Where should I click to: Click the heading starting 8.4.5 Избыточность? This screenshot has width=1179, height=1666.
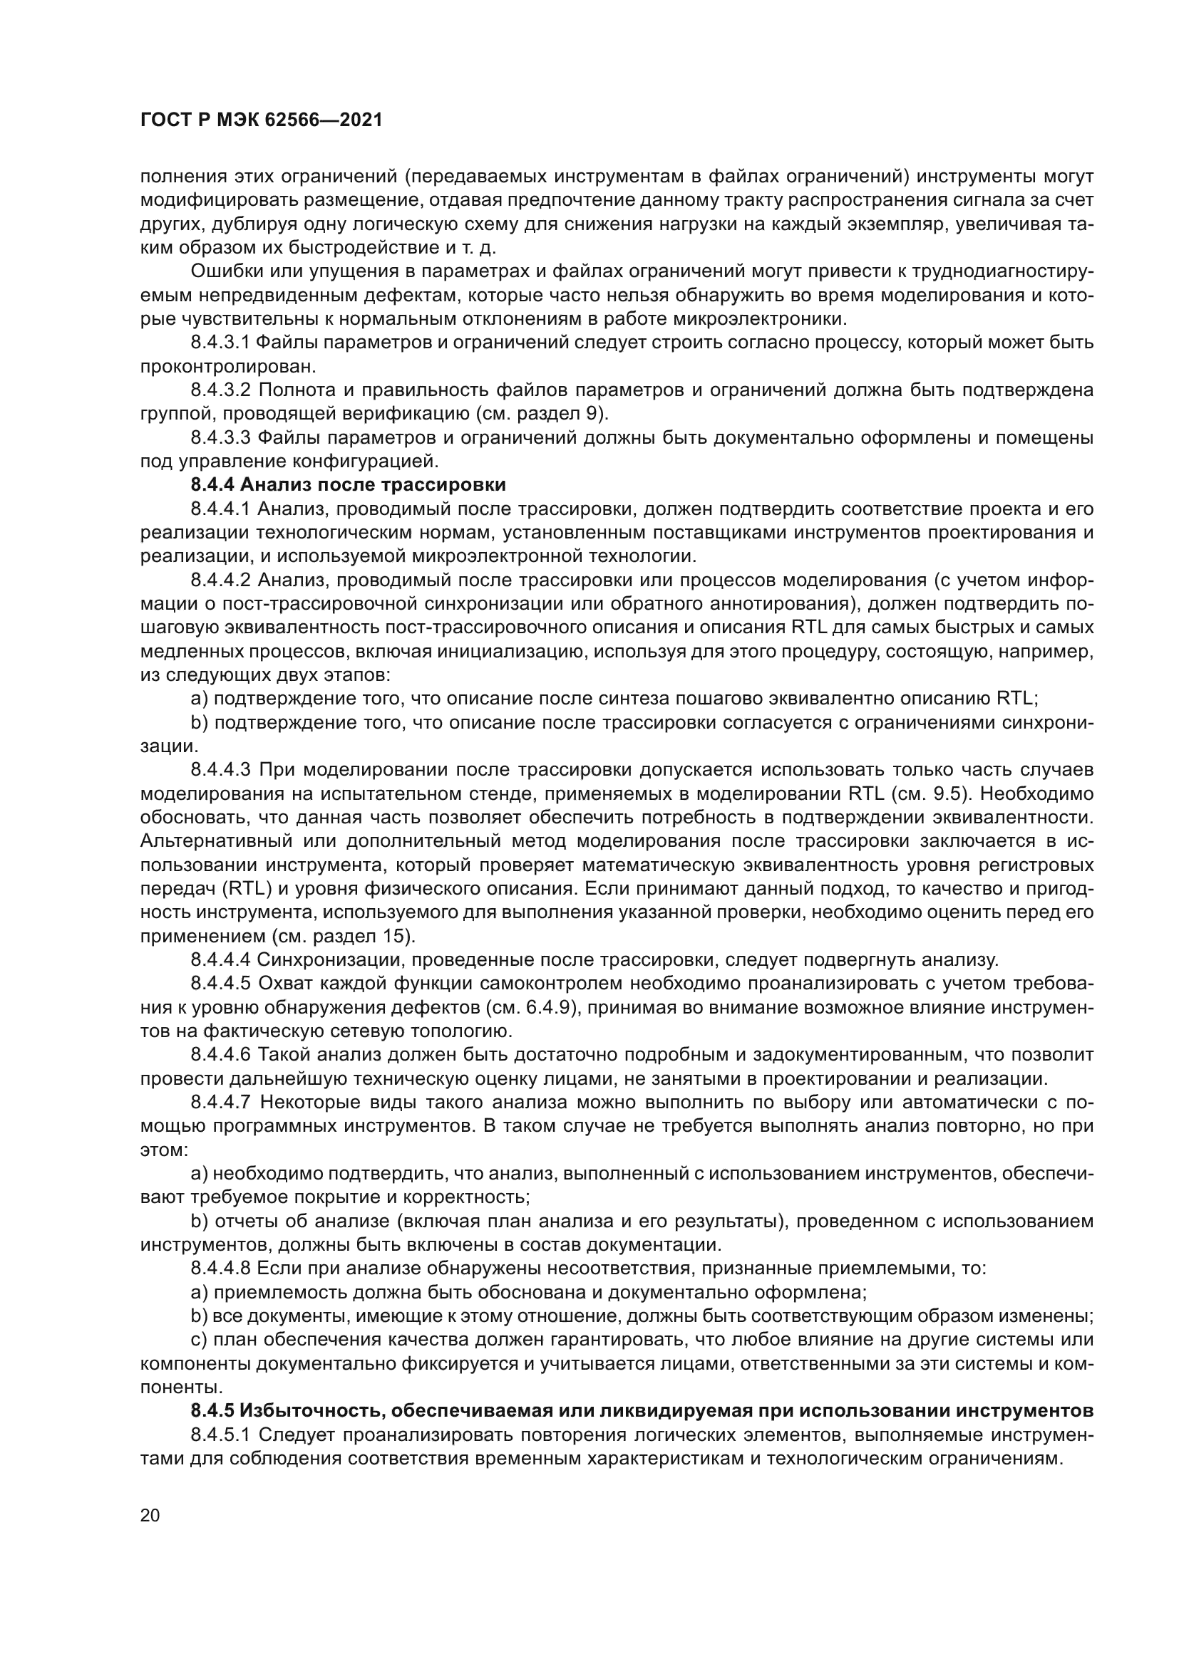[x=642, y=1410]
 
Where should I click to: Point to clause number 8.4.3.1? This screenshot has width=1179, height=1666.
[x=220, y=343]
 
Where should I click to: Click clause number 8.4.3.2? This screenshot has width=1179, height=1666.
[x=220, y=390]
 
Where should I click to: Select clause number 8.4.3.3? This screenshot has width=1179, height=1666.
[x=220, y=437]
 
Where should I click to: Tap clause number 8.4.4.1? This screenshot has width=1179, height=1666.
[x=220, y=509]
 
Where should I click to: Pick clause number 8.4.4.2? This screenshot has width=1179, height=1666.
[x=220, y=581]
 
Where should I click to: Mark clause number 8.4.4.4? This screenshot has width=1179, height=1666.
[x=220, y=960]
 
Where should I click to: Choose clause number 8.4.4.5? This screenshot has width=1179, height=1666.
[x=220, y=984]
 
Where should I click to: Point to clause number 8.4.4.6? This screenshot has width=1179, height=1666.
[x=220, y=1054]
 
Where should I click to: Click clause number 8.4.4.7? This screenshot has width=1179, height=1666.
[x=220, y=1102]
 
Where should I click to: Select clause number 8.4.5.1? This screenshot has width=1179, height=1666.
[x=220, y=1435]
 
